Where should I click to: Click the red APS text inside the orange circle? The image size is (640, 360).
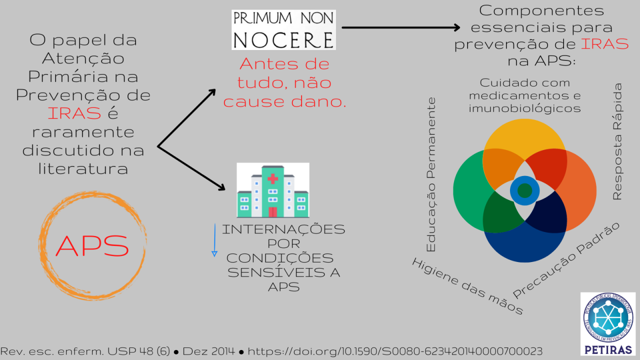pos(92,245)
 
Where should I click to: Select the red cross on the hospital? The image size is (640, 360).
pos(272,178)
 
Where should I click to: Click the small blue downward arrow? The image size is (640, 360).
pos(214,240)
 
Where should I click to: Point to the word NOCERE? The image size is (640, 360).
pos(283,39)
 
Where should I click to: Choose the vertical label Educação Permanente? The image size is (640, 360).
pos(430,175)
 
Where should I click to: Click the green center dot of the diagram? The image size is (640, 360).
pos(524,190)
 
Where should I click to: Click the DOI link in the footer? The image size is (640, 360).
pos(395,351)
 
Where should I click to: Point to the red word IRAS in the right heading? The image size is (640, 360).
pos(604,43)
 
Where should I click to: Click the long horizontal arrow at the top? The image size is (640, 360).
pos(400,27)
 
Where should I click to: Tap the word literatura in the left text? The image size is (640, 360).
pos(83,168)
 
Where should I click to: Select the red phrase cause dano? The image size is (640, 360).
pos(284,101)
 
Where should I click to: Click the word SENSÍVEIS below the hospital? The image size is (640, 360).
pos(283,272)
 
